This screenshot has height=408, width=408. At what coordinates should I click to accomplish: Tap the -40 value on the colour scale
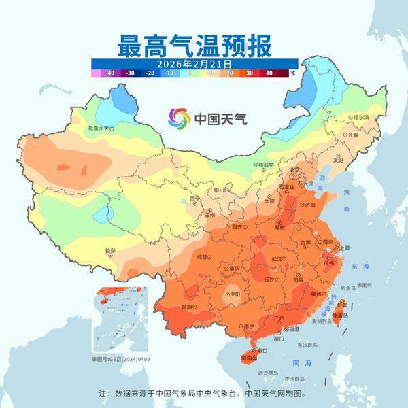[107, 73]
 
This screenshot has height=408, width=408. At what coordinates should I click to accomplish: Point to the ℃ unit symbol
[292, 73]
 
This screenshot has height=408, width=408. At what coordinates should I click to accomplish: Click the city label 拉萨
[110, 252]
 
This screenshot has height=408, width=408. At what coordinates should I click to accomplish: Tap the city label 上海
[344, 248]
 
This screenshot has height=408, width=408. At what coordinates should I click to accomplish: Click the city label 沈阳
[338, 160]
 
